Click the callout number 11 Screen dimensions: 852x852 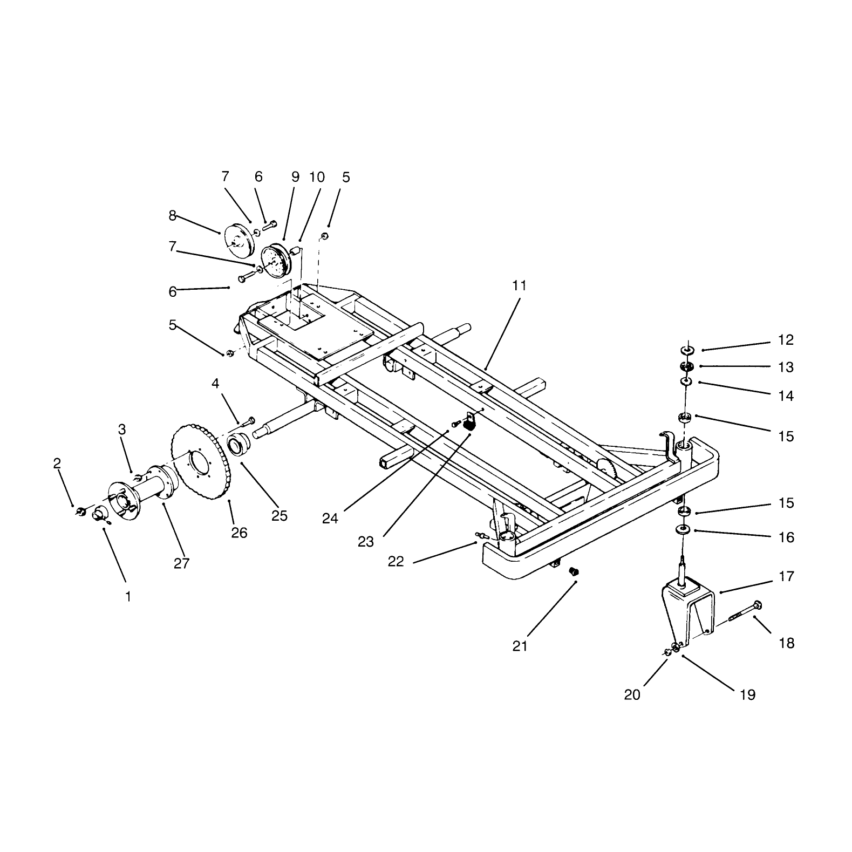[x=519, y=285]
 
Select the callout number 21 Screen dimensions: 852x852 [x=520, y=646]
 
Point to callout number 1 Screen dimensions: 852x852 [x=128, y=597]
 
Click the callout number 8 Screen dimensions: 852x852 [x=172, y=216]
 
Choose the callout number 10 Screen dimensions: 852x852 [x=317, y=176]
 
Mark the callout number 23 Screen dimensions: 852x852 [x=366, y=542]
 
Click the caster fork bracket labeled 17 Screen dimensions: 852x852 [x=689, y=611]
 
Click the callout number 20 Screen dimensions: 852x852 [x=632, y=694]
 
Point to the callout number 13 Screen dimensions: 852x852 [x=786, y=367]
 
